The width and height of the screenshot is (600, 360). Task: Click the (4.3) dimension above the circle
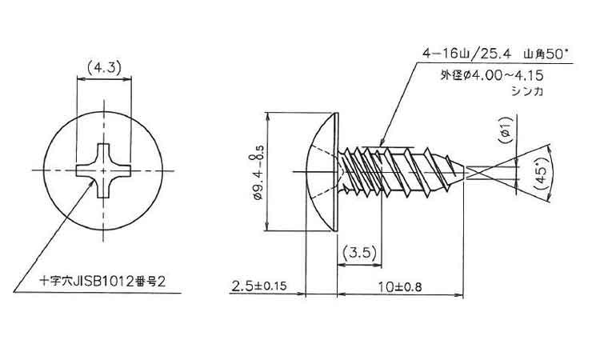click(x=103, y=69)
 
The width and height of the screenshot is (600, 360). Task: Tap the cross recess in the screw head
click(x=103, y=170)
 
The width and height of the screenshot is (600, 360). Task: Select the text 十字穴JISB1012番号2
click(x=103, y=282)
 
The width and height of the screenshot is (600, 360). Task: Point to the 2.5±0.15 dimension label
click(x=259, y=286)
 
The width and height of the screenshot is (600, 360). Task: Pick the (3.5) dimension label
click(x=359, y=253)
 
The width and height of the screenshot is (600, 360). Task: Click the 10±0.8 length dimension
click(x=400, y=286)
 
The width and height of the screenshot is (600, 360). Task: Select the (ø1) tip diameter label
click(x=506, y=130)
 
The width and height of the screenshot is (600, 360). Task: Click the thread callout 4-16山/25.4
click(x=467, y=53)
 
